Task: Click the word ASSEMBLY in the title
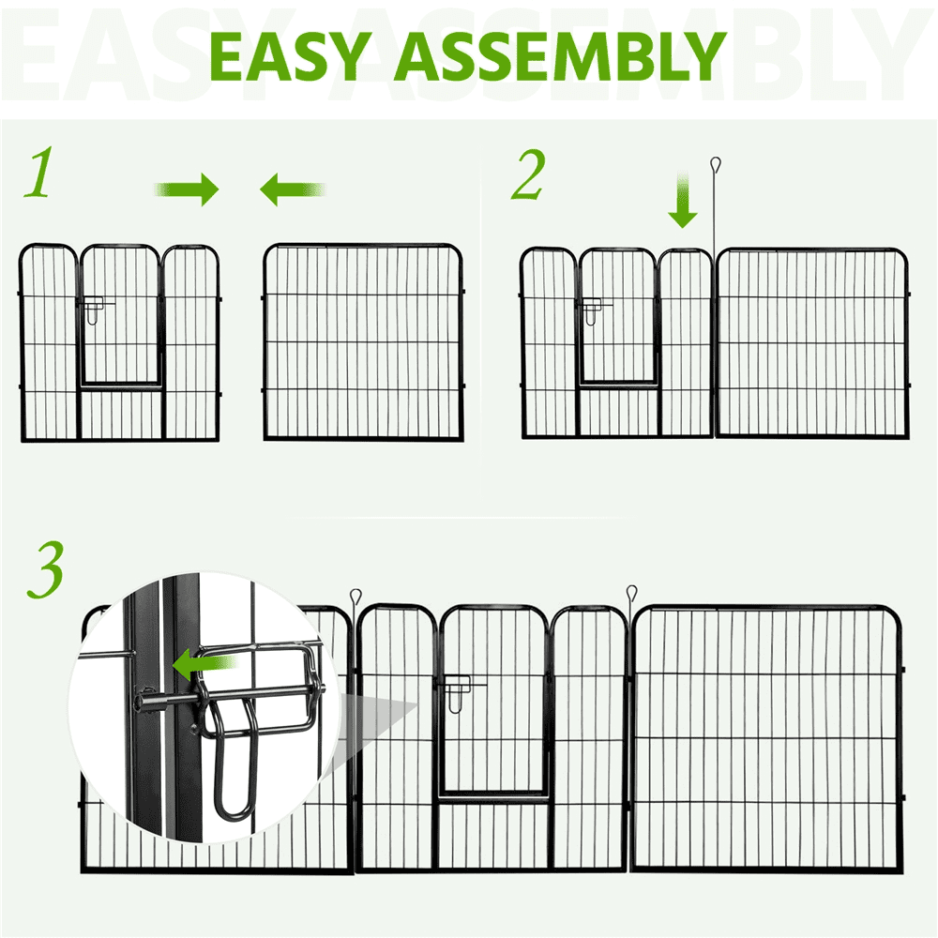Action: tap(559, 57)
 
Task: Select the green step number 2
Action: tap(527, 175)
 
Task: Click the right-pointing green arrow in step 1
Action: tap(188, 190)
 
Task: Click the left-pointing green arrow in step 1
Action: tap(292, 190)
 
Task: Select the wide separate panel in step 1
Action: tap(364, 341)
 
